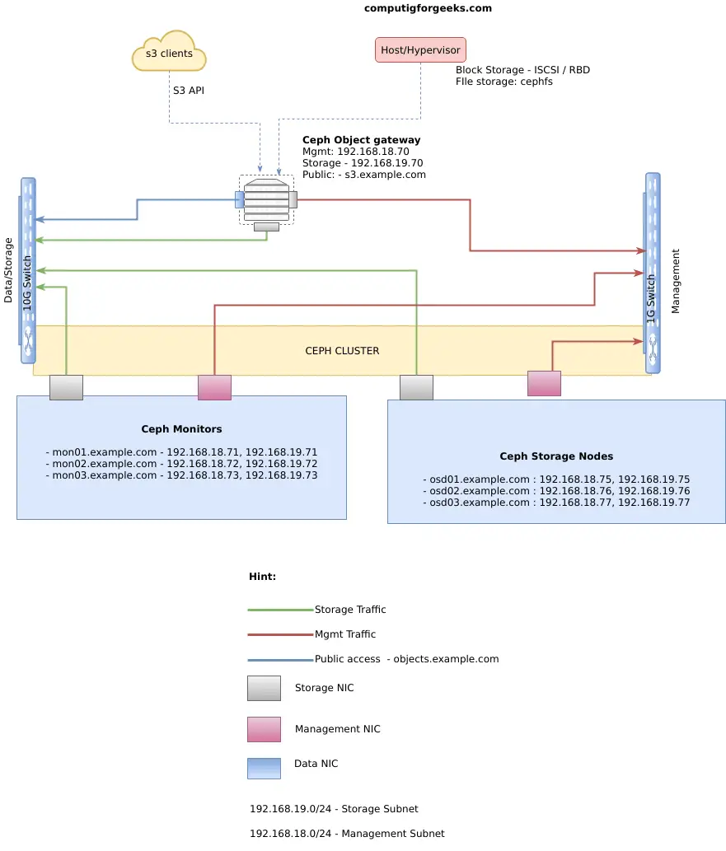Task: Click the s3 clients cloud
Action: click(169, 52)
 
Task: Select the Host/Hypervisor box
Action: click(420, 50)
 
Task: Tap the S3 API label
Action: click(189, 91)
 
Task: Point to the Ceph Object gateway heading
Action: click(361, 140)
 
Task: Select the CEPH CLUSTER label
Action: click(342, 351)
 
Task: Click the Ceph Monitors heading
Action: click(181, 428)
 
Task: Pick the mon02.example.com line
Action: click(181, 464)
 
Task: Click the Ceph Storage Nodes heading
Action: click(556, 456)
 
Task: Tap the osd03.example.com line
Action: click(556, 503)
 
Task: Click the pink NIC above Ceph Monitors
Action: click(214, 387)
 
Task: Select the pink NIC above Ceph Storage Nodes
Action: click(544, 383)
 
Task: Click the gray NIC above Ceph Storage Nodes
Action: click(416, 387)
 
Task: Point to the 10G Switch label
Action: click(27, 284)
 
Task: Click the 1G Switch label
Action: click(650, 299)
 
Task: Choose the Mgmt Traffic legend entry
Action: click(311, 634)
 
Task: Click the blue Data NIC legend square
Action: click(264, 769)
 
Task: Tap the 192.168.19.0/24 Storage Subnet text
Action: click(334, 809)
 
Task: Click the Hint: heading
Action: click(262, 577)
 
